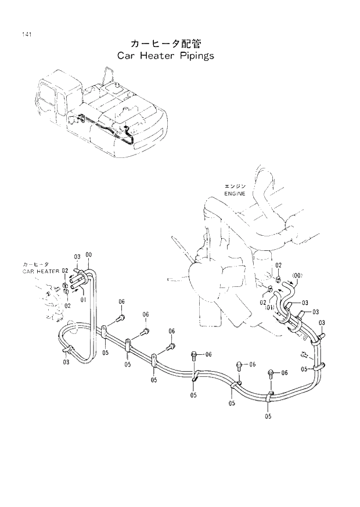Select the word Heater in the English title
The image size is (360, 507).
pyautogui.click(x=155, y=56)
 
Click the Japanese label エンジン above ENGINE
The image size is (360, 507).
pyautogui.click(x=234, y=186)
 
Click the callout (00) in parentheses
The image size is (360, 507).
pyautogui.click(x=297, y=275)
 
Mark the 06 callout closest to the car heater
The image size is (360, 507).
pyautogui.click(x=122, y=301)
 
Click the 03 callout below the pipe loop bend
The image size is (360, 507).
pyautogui.click(x=66, y=362)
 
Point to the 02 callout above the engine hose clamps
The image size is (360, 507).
pyautogui.click(x=279, y=265)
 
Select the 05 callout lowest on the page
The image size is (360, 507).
pyautogui.click(x=268, y=416)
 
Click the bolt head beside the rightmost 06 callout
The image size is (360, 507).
pyautogui.click(x=271, y=372)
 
